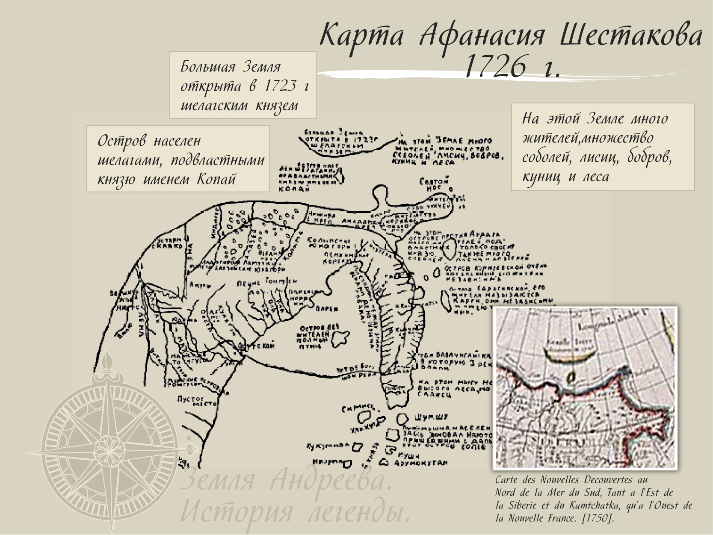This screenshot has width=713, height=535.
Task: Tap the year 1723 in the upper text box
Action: [280, 86]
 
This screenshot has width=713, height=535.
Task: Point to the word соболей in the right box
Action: [546, 157]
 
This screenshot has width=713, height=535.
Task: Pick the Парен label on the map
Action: [327, 309]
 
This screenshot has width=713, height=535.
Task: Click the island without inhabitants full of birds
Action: [339, 338]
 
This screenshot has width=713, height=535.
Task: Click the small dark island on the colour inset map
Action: [571, 377]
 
